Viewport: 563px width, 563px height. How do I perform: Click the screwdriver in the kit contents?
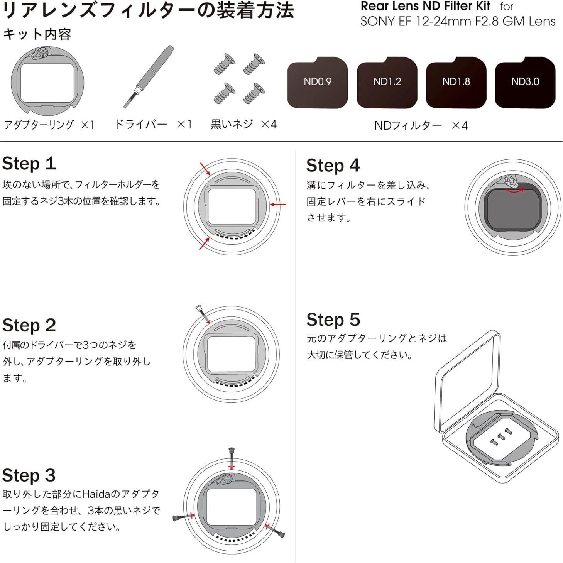pos(149,77)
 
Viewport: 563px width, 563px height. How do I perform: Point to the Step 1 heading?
pos(29,164)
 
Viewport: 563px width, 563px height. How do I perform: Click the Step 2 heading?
pos(29,325)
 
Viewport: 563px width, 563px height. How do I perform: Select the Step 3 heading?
pos(29,475)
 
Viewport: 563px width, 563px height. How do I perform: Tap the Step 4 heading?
pos(333,166)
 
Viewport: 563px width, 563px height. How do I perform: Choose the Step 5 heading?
pos(333,320)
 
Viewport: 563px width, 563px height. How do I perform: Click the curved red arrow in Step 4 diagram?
pos(515,189)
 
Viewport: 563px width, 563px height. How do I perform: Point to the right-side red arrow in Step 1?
pos(278,205)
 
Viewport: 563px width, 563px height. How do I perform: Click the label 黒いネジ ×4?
pos(243,124)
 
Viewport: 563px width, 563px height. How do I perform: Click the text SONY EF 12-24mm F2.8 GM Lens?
pos(458,21)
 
